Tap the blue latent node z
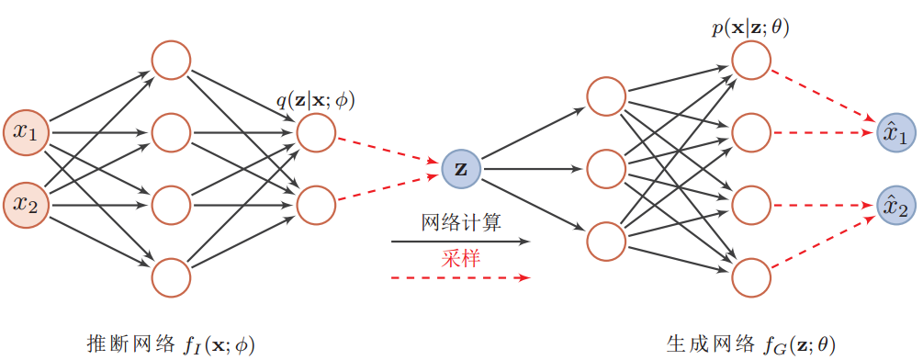point(460,168)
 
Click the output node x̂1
point(895,133)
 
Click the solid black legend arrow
point(460,242)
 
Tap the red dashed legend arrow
point(460,276)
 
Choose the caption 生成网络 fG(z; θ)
point(751,343)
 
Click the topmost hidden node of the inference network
point(171,61)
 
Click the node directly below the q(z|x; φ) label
point(316,132)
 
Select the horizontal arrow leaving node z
point(533,168)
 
